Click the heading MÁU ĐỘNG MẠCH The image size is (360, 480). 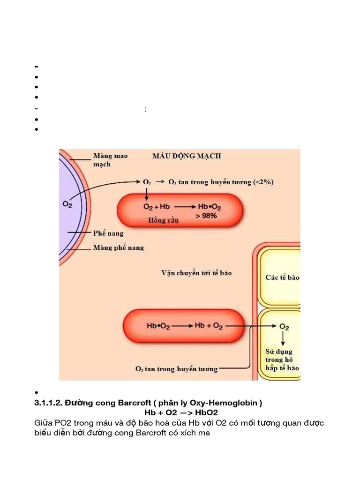(x=187, y=156)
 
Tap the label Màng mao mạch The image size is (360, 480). (x=110, y=160)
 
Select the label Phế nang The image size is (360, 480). (x=108, y=233)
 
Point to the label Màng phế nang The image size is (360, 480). (x=119, y=247)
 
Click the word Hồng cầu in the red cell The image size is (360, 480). (x=163, y=220)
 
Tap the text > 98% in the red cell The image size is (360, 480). (x=206, y=216)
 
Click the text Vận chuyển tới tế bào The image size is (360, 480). (x=196, y=273)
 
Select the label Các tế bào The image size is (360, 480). (x=282, y=277)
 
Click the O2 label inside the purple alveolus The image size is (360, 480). (x=67, y=204)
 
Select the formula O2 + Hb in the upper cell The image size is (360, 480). (x=157, y=207)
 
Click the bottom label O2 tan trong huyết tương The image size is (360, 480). (x=177, y=369)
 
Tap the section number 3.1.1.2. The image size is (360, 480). (x=48, y=403)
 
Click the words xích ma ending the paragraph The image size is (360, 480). (x=194, y=433)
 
